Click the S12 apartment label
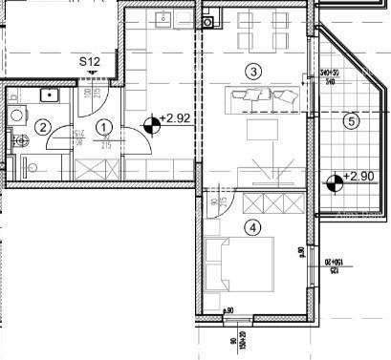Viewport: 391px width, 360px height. (x=91, y=64)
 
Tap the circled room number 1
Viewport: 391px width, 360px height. (x=104, y=126)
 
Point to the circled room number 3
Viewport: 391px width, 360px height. (x=252, y=71)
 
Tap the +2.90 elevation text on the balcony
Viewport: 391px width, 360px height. (x=358, y=177)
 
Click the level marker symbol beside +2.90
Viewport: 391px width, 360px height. (x=333, y=180)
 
